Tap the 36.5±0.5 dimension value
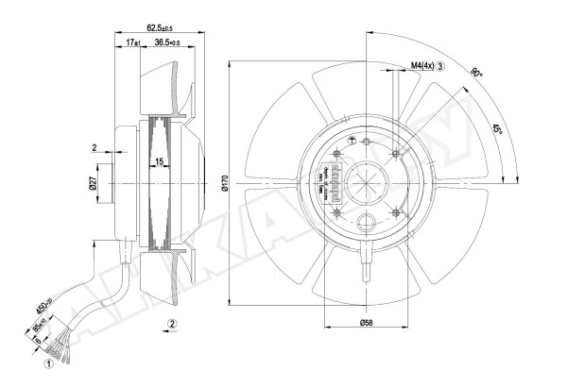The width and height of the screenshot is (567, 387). pos(173,43)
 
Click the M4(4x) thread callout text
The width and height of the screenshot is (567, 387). pos(421,65)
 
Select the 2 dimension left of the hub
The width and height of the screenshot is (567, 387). pos(95,147)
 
